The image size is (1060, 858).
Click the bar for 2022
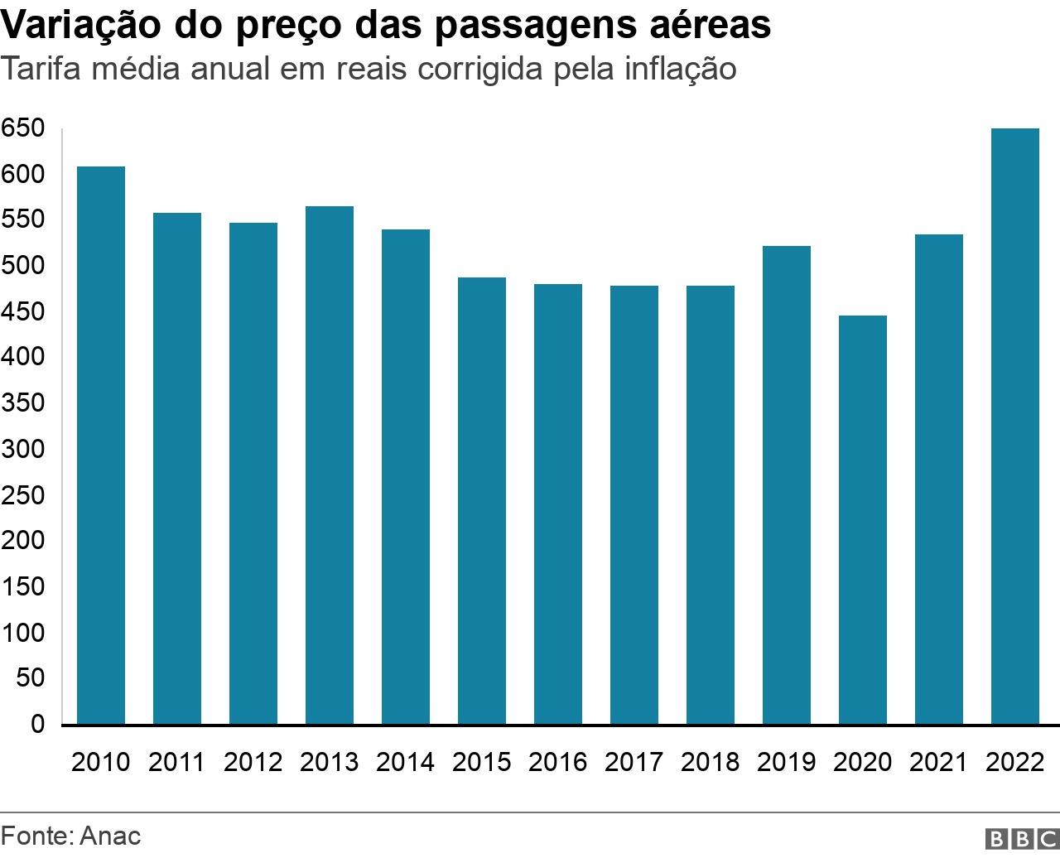[x=1014, y=427]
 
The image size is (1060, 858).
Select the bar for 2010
[x=101, y=446]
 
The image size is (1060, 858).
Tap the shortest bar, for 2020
[x=862, y=520]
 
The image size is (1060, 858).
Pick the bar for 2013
[x=330, y=465]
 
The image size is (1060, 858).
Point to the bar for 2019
[x=786, y=485]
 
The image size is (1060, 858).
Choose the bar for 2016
[x=558, y=504]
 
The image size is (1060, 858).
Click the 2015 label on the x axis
[x=481, y=762]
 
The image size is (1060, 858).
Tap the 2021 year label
[x=938, y=762]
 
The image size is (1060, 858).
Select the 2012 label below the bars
[x=253, y=762]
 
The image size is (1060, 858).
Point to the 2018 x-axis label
[x=710, y=762]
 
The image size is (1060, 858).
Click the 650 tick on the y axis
[x=22, y=128]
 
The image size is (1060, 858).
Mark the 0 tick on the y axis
[x=37, y=724]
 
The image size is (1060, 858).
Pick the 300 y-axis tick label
[x=22, y=449]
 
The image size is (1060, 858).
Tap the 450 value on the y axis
[x=22, y=312]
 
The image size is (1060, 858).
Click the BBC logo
[x=1021, y=838]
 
